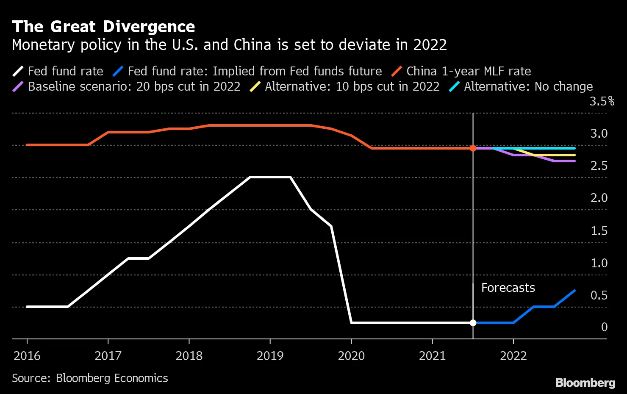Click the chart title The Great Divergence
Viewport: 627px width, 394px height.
[103, 27]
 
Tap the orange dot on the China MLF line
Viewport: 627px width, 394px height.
[473, 148]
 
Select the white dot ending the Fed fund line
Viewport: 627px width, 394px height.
[473, 323]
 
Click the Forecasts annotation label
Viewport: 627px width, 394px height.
[508, 288]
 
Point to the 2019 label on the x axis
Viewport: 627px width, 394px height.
[270, 355]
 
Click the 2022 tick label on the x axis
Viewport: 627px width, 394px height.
[513, 355]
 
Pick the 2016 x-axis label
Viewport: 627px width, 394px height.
[27, 355]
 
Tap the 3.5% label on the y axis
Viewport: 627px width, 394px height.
[602, 101]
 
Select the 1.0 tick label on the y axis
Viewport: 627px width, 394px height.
[599, 263]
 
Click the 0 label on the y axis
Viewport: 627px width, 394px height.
[604, 327]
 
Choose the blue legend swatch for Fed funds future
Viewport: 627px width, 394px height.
[118, 71]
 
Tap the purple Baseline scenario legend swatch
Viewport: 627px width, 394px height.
[18, 86]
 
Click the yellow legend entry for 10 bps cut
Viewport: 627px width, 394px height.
[352, 86]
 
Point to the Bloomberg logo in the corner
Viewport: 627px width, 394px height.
[585, 383]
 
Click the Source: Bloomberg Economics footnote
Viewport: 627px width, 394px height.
[90, 378]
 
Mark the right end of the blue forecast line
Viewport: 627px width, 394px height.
[574, 291]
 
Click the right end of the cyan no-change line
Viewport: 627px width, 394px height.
[574, 148]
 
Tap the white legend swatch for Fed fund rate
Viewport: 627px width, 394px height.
[18, 71]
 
